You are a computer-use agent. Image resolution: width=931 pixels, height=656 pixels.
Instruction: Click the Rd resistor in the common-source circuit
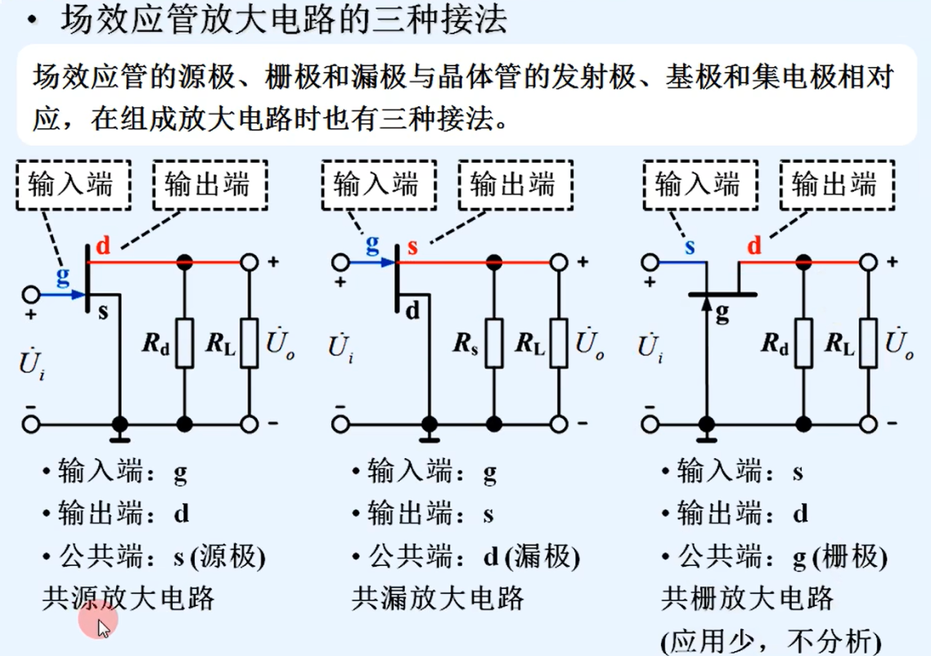point(185,343)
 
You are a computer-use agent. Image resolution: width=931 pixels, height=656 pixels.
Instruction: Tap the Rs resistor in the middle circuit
point(493,343)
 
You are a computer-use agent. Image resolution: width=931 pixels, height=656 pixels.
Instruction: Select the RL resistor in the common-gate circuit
point(868,343)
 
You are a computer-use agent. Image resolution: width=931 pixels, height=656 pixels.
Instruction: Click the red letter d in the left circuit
point(103,245)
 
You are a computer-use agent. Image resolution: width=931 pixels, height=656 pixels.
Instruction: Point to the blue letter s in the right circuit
point(690,246)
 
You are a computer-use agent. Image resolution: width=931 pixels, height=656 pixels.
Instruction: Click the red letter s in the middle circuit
point(412,246)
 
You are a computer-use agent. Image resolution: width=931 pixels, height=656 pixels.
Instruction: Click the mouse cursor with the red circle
point(99,623)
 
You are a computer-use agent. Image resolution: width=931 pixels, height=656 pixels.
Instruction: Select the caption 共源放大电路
point(128,599)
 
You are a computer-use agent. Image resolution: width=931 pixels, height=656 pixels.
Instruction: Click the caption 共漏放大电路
point(438,599)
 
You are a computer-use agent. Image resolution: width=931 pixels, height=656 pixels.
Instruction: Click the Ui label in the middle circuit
point(341,347)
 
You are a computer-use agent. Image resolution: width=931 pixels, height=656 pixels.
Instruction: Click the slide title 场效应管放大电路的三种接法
point(284,20)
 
